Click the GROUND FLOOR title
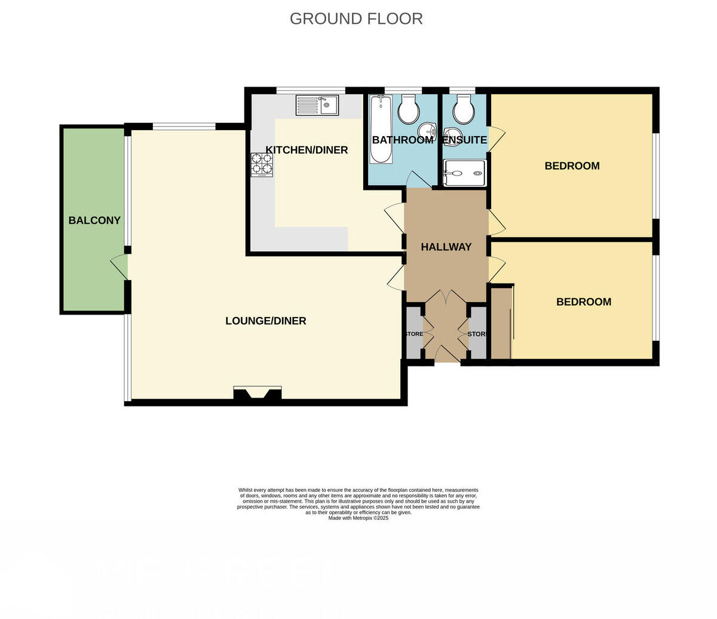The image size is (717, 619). click(x=356, y=19)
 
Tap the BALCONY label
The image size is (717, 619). click(x=94, y=220)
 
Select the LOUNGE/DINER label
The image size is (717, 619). click(x=265, y=321)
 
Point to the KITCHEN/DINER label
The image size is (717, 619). click(x=307, y=150)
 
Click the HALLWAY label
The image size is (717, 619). click(x=446, y=247)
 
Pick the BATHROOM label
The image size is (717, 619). click(x=402, y=140)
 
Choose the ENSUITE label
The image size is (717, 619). click(x=465, y=140)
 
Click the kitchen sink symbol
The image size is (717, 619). click(x=317, y=106)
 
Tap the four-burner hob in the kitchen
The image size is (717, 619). click(x=262, y=165)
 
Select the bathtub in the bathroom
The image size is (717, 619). click(x=381, y=130)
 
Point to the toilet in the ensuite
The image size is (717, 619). click(x=463, y=109)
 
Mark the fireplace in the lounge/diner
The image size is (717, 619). click(x=258, y=394)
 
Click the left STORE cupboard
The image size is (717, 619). click(x=413, y=334)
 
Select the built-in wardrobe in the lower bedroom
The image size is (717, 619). click(x=501, y=323)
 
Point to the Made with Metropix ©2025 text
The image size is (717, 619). click(x=358, y=518)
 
